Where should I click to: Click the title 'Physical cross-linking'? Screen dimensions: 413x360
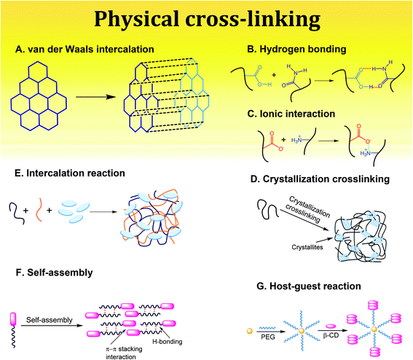click(x=208, y=19)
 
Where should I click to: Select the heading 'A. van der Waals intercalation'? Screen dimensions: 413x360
click(x=84, y=50)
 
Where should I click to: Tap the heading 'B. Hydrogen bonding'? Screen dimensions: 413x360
click(x=296, y=50)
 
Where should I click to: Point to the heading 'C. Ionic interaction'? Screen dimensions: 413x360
click(x=291, y=114)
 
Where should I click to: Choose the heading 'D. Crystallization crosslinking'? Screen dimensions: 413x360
click(x=320, y=179)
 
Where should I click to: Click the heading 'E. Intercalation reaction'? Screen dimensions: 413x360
click(x=70, y=173)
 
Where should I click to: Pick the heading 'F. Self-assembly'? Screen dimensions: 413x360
click(x=54, y=273)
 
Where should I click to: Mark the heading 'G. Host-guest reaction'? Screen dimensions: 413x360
click(x=309, y=286)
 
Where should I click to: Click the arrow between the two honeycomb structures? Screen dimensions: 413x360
click(x=96, y=97)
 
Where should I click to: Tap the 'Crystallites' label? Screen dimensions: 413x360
click(x=307, y=247)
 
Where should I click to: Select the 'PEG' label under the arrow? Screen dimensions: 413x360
click(x=268, y=337)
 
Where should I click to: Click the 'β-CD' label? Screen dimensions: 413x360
click(x=331, y=336)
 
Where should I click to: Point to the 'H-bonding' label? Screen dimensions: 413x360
click(x=168, y=342)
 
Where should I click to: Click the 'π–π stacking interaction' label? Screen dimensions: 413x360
click(x=124, y=353)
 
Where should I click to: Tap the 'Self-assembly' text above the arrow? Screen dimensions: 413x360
click(x=50, y=320)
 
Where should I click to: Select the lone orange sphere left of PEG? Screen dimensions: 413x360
click(x=249, y=331)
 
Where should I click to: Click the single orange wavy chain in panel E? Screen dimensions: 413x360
click(x=39, y=210)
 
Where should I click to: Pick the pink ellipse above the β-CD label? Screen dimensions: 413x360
click(x=331, y=326)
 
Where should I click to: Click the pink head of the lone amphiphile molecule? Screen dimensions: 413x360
click(x=13, y=319)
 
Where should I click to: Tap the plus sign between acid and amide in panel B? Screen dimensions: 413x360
click(x=274, y=75)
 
